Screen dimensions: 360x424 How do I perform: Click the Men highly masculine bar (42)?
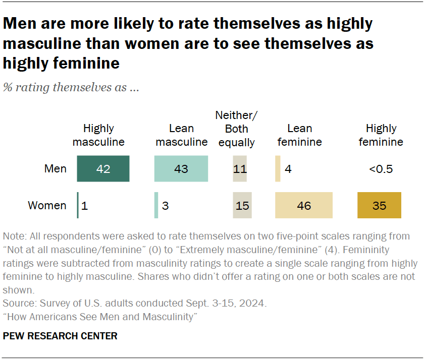coord(103,168)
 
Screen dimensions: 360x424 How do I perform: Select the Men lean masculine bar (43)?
coord(181,168)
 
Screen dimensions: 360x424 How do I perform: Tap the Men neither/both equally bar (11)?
coord(240,168)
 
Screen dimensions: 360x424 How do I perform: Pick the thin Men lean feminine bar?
coord(278,168)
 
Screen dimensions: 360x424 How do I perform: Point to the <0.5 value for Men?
coord(381,168)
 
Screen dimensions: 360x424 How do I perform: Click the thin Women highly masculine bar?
coord(78,205)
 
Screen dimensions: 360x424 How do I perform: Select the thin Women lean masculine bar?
coord(156,205)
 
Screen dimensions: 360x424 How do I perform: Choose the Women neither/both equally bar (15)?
coord(242,205)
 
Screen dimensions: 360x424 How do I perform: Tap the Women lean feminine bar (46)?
coord(303,205)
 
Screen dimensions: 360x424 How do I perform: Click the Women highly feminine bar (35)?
coord(379,205)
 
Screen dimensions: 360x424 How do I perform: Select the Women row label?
coord(47,205)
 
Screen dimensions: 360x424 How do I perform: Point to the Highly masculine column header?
coord(98,135)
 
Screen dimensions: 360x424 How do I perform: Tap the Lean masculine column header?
coord(182,135)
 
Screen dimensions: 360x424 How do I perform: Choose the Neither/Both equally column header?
coord(236,129)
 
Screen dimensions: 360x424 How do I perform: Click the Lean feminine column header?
coord(299,135)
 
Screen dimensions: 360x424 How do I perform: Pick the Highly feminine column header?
coord(381,135)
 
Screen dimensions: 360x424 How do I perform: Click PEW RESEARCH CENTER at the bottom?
coord(60,336)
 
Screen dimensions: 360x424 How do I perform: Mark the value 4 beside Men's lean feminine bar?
coord(288,168)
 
